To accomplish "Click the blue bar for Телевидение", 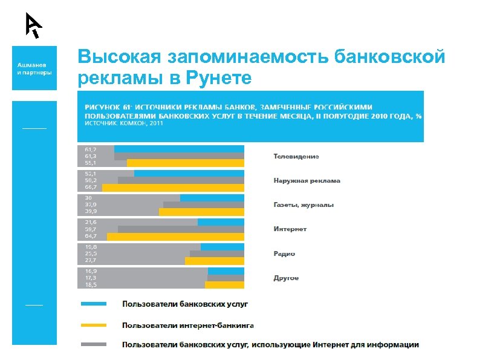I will (x=179, y=149).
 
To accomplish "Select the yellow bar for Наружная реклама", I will (x=173, y=188).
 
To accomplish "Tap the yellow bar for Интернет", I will (x=175, y=237).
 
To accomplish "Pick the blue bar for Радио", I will (x=223, y=246).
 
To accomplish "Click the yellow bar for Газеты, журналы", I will (x=201, y=212).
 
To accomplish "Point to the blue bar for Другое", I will (x=226, y=271).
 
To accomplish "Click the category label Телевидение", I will (x=296, y=156).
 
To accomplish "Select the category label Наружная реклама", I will (x=307, y=180).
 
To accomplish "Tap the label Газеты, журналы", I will (x=304, y=205).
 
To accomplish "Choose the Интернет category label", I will (x=290, y=229).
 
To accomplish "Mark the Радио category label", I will (x=284, y=254).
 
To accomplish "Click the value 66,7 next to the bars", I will (x=90, y=188).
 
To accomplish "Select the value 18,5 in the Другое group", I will (x=90, y=284).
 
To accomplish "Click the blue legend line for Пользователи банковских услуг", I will (x=94, y=304).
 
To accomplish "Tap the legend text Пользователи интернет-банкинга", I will (x=187, y=324).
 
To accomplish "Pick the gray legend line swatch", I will (x=94, y=344).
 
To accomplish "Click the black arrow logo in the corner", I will (x=33, y=25).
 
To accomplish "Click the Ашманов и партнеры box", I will (x=34, y=68).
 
